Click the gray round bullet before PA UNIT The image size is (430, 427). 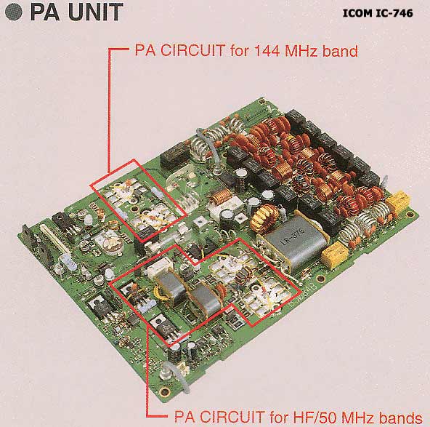(x=13, y=12)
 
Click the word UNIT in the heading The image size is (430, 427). (x=95, y=12)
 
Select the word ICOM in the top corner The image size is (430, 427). (x=357, y=13)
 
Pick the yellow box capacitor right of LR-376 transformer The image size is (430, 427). (x=335, y=255)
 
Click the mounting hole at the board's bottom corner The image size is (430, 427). (x=165, y=391)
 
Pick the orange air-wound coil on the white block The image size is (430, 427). (x=223, y=196)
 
